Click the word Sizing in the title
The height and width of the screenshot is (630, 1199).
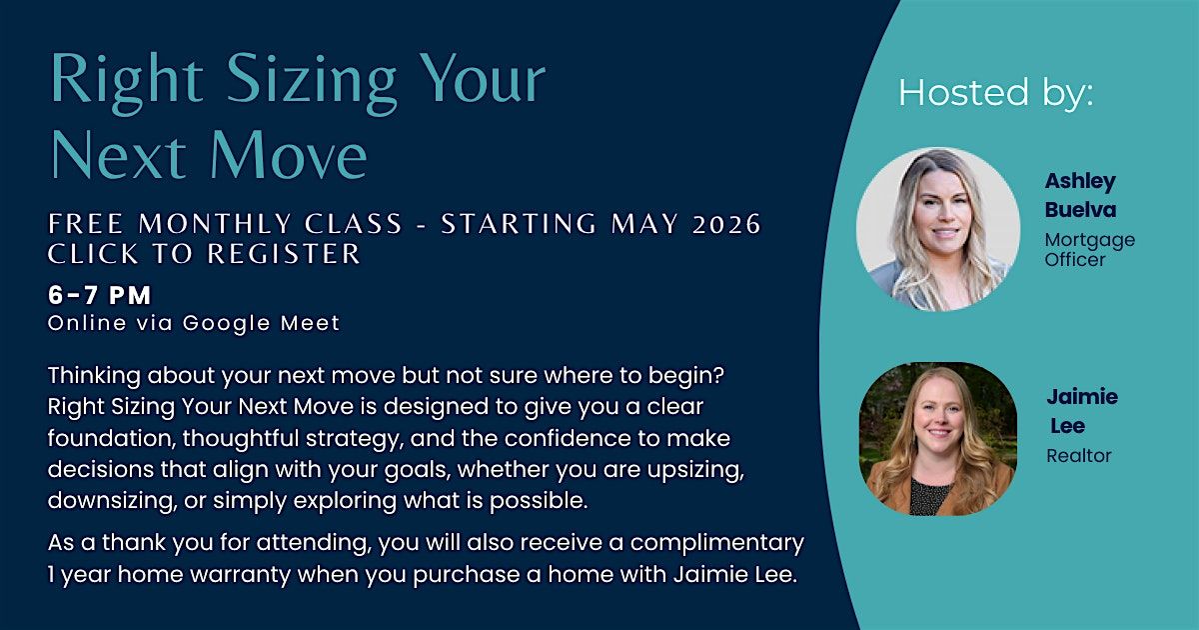click(x=312, y=81)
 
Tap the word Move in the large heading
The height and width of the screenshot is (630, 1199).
click(x=289, y=155)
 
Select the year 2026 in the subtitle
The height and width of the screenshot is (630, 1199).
click(x=726, y=224)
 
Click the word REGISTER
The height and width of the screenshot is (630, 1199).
click(x=284, y=254)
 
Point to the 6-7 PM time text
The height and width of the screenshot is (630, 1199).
click(x=100, y=295)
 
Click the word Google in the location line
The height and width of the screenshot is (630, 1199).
click(x=227, y=324)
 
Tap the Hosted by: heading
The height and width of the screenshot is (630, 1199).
click(x=995, y=93)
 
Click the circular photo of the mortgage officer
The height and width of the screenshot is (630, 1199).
click(x=938, y=229)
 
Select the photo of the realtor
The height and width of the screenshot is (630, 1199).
click(x=938, y=439)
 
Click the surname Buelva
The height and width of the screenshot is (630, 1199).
click(x=1080, y=209)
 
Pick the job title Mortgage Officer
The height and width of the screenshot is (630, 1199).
click(x=1089, y=250)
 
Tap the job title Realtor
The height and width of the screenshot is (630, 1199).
click(x=1078, y=456)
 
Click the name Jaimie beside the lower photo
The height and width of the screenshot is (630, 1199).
click(x=1082, y=397)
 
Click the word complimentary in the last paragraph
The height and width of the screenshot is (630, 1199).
click(x=716, y=544)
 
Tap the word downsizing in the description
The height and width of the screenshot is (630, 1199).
click(x=112, y=501)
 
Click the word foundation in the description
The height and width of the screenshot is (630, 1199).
click(x=112, y=438)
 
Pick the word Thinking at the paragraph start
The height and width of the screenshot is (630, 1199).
click(x=94, y=376)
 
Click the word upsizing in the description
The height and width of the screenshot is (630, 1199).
click(x=695, y=470)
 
